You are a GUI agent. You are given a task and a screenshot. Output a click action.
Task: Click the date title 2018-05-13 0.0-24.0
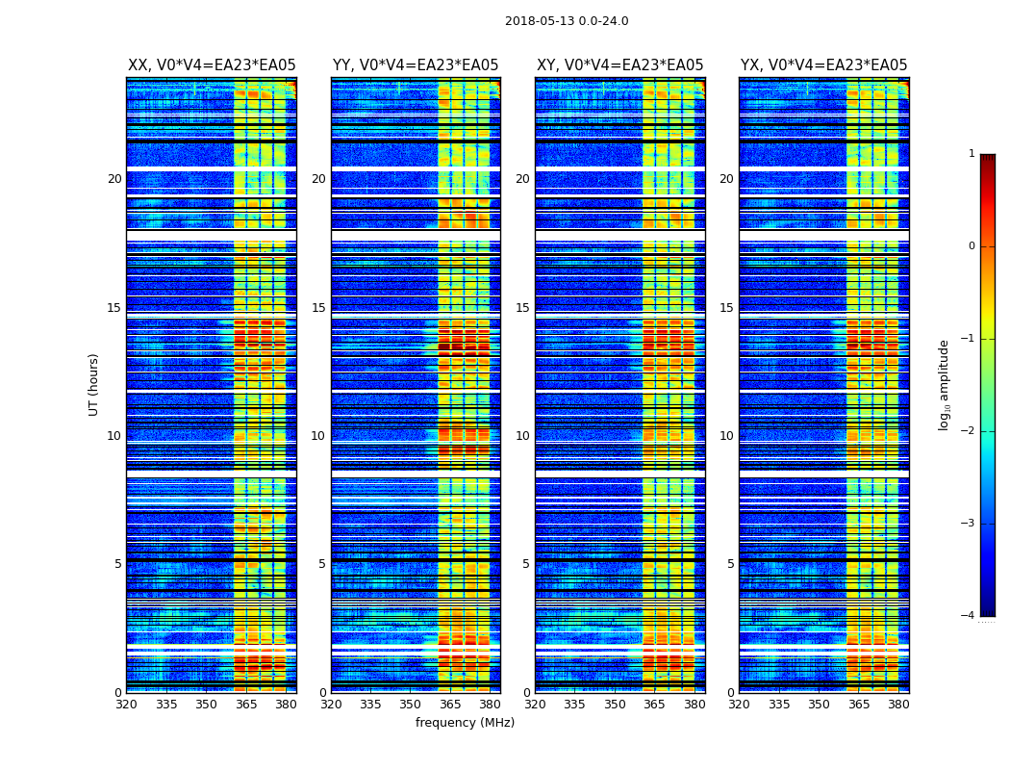(x=567, y=21)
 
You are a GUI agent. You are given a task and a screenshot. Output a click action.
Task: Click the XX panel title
(x=212, y=65)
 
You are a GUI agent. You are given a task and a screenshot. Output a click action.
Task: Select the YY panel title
(x=416, y=65)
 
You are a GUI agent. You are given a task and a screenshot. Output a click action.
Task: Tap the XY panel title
(x=619, y=65)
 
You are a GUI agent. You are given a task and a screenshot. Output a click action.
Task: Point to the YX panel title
(x=823, y=65)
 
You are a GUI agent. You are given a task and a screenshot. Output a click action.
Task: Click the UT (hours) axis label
(x=94, y=384)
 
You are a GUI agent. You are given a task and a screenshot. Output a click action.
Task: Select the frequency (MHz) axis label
(x=465, y=723)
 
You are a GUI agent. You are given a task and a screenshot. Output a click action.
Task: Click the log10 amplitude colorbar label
(x=945, y=384)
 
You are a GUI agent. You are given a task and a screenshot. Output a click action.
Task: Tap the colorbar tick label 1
(x=972, y=154)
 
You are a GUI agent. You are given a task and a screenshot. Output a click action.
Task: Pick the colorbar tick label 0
(x=972, y=246)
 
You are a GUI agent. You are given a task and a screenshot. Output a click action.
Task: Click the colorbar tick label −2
(x=970, y=431)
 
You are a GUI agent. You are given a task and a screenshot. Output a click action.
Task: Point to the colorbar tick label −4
(x=970, y=616)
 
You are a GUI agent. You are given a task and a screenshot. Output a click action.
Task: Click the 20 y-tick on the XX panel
(x=114, y=179)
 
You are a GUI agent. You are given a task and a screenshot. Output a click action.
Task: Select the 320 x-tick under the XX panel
(x=126, y=705)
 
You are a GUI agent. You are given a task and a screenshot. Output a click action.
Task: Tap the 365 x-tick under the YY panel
(x=450, y=705)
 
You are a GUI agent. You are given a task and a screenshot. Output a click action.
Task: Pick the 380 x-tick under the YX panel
(x=898, y=705)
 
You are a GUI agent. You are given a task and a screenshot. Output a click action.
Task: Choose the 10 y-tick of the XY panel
(x=522, y=436)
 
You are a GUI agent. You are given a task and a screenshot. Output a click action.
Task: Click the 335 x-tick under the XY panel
(x=575, y=705)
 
